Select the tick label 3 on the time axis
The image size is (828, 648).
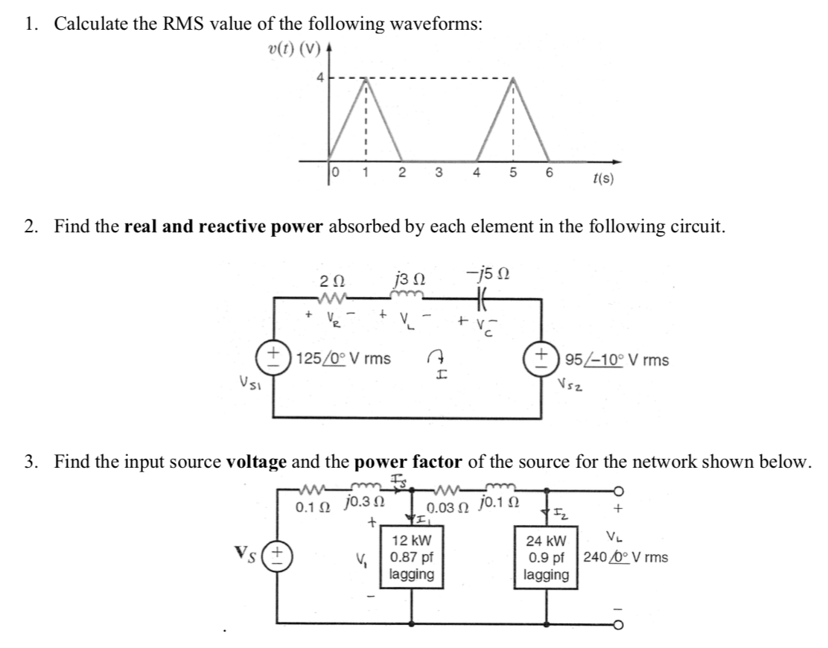[x=438, y=173]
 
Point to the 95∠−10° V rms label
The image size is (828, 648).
[x=617, y=360]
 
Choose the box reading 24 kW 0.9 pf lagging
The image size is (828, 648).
[x=547, y=558]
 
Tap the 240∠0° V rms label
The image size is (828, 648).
[x=625, y=556]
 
